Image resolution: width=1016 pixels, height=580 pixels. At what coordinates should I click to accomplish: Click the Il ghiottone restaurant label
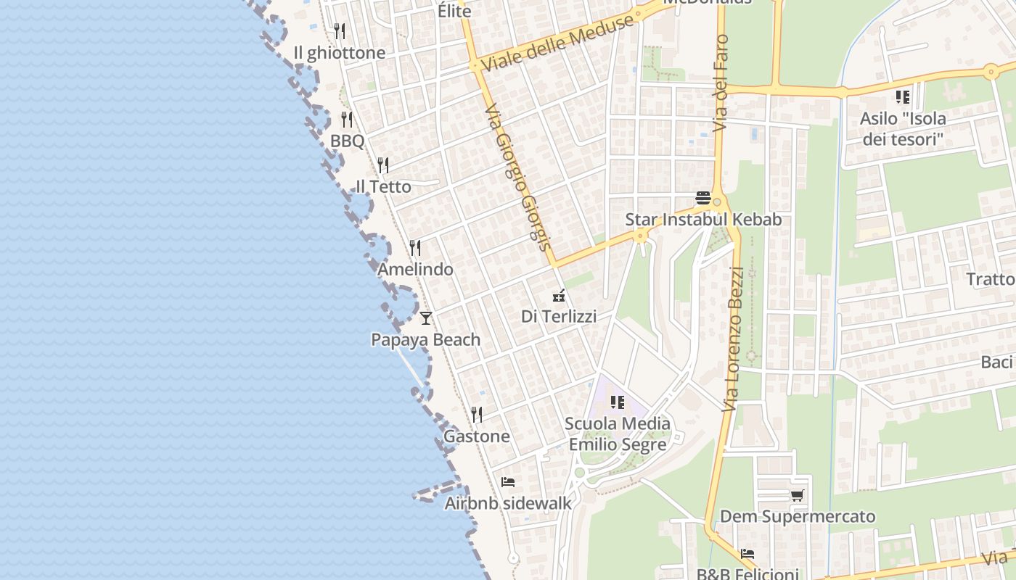339,53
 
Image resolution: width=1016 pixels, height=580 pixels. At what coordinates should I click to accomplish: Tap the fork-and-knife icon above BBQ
347,119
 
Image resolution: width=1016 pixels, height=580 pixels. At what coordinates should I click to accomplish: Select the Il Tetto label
383,186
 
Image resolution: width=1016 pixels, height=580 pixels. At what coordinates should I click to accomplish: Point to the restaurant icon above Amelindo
415,248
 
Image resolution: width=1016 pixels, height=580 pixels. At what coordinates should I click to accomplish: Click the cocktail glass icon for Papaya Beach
426,318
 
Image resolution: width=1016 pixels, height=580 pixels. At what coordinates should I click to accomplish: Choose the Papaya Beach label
425,339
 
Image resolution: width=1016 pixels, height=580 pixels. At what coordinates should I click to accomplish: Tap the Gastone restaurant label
476,436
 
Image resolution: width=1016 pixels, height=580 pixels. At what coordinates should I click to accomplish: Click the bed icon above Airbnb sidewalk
508,481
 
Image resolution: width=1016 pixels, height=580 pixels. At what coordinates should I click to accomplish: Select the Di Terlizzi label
559,316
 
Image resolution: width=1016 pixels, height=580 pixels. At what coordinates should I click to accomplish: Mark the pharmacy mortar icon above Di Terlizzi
559,295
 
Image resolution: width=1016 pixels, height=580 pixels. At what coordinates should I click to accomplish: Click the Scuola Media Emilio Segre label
618,434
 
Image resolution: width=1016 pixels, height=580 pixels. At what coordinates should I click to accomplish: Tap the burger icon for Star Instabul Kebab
702,197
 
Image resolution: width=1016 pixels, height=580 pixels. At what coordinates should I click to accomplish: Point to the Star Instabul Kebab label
703,219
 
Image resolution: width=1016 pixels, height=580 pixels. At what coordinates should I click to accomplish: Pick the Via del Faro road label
721,83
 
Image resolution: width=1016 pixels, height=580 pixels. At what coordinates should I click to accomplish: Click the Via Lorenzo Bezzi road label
734,339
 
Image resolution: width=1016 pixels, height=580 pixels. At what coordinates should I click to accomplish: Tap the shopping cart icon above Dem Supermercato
797,496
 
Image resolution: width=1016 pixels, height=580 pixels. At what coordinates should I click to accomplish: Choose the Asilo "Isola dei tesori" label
903,128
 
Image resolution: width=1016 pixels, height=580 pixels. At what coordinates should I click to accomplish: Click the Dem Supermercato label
797,517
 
